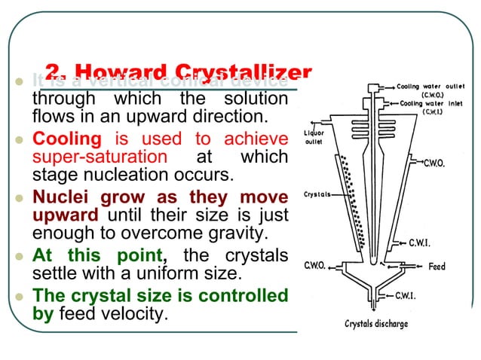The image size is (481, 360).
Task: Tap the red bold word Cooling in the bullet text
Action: pos(66,139)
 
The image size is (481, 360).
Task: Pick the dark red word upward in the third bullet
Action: pos(65,216)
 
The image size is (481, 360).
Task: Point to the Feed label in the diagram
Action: pos(437,267)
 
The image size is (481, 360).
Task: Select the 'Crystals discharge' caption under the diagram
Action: pos(376,324)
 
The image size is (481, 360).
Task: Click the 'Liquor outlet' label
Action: pos(314,137)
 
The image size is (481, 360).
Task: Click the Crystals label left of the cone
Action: pos(317,194)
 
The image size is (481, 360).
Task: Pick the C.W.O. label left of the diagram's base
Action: pos(314,265)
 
